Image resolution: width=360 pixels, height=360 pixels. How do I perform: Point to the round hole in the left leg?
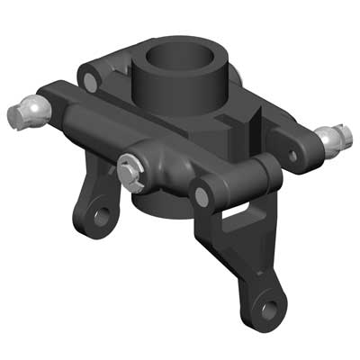click(100, 217)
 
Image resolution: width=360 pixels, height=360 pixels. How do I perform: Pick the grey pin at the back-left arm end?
click(90, 80)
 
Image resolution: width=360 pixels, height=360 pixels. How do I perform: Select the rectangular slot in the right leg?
click(237, 212)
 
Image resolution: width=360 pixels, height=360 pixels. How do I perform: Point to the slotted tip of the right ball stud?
click(346, 134)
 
